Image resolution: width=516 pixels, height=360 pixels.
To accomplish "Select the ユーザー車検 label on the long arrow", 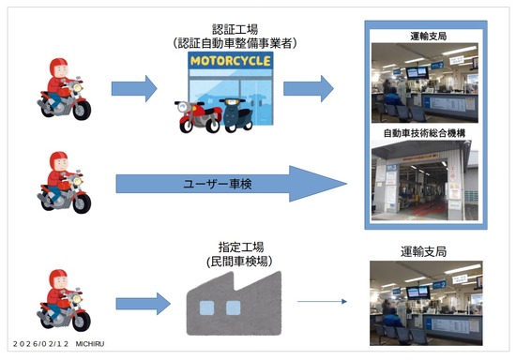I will click(209, 183).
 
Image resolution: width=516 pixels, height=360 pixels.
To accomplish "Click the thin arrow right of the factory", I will click(318, 303).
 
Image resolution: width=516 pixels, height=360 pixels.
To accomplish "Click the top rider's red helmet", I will click(57, 70).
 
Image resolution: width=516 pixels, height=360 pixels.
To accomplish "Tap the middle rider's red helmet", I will click(57, 161).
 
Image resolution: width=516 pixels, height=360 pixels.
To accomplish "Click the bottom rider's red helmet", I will click(57, 279).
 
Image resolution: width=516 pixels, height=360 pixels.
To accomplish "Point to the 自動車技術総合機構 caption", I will click(425, 133).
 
